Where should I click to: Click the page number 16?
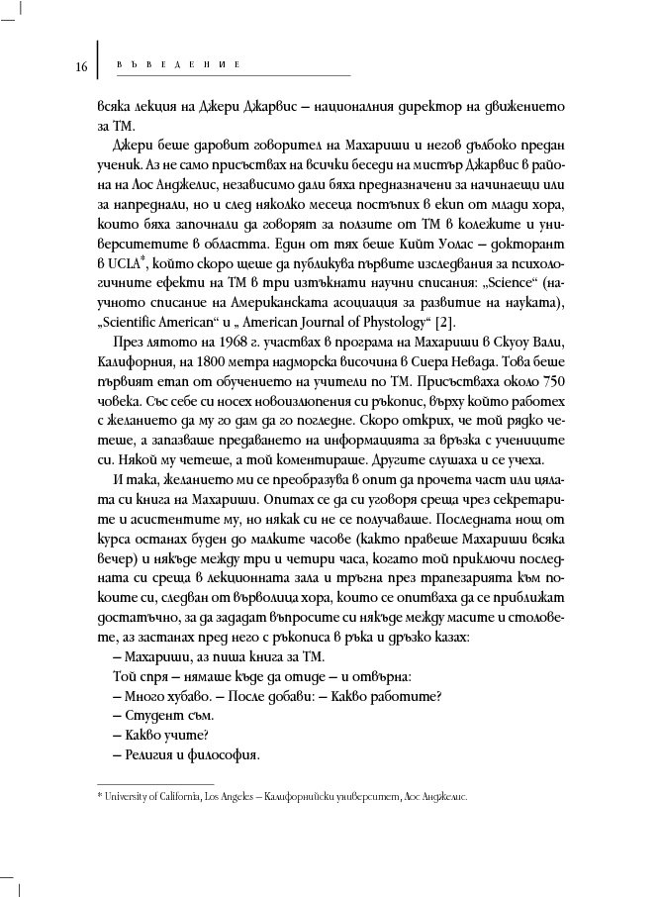[x=81, y=66]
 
